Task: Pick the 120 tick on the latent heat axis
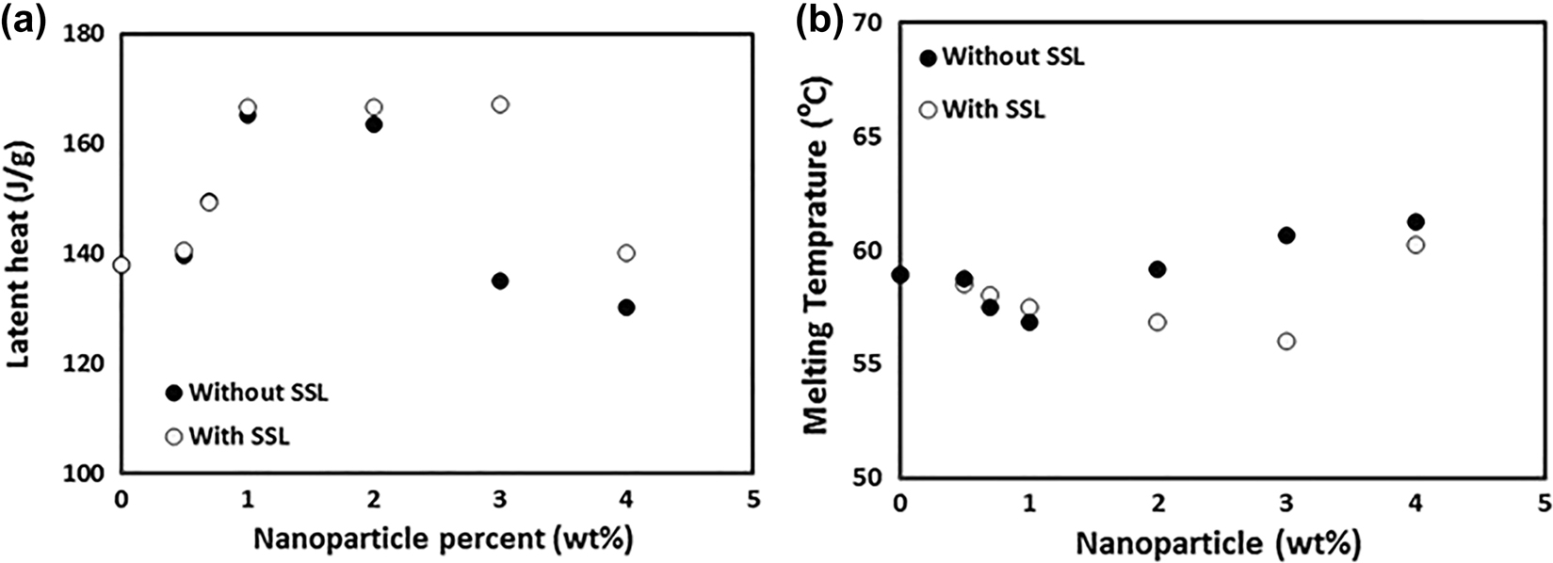click(85, 363)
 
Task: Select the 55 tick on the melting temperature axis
click(870, 364)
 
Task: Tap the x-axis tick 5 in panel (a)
click(752, 497)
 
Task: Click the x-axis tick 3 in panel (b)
click(1286, 503)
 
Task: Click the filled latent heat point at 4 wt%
click(626, 307)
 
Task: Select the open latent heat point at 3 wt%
click(500, 104)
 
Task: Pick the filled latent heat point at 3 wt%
click(500, 281)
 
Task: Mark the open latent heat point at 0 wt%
click(121, 265)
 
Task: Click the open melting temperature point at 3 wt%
click(1286, 341)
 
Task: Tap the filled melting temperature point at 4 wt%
click(1415, 222)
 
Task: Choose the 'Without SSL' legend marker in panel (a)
click(173, 393)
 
